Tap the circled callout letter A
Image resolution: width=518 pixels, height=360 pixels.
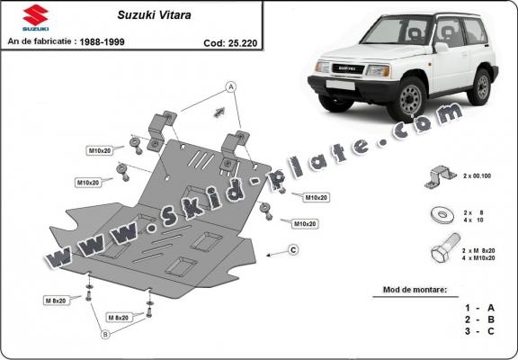(230, 86)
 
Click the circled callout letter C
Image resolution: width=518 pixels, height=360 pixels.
(294, 249)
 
